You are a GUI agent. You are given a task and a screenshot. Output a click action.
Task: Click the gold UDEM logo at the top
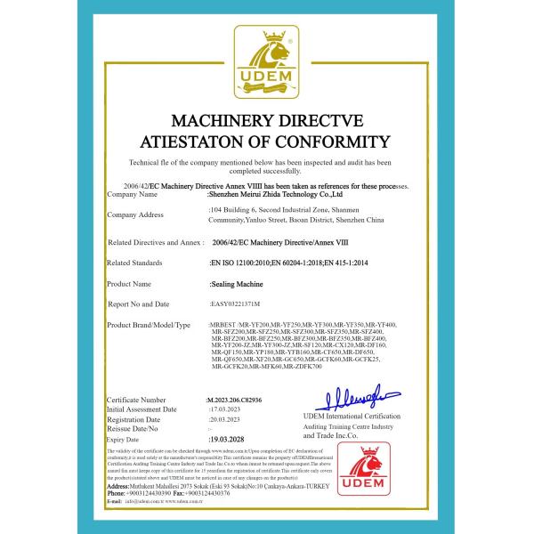coord(266,65)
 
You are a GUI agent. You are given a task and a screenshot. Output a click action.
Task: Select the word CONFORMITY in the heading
coord(333,142)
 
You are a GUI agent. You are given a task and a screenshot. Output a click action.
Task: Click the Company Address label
coord(135,214)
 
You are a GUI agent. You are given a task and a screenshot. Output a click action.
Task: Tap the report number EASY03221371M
coord(235,304)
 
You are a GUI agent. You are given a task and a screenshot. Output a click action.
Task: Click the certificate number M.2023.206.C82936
coord(241,401)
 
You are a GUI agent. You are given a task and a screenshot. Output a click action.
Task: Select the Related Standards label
coord(135,263)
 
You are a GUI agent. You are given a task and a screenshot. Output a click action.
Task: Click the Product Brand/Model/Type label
coord(150,326)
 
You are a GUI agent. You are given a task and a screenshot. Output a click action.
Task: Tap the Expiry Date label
coord(123,440)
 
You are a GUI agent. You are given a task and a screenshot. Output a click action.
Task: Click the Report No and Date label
coord(139,304)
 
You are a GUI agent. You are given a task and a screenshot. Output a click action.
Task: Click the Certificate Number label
coord(136,401)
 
